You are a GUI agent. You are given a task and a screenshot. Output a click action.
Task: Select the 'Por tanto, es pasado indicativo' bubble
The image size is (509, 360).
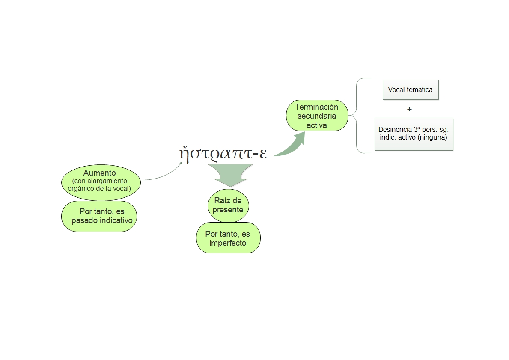[99, 216]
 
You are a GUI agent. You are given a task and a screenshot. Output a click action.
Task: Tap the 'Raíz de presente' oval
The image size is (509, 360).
[228, 205]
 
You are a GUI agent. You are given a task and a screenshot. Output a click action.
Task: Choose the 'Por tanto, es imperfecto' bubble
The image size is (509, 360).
[228, 238]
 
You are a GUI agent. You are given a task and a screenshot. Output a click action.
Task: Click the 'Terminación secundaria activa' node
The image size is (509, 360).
[316, 116]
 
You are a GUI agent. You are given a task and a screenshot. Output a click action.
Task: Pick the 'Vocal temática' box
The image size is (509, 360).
[410, 90]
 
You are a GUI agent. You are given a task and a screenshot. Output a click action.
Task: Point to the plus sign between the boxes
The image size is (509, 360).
[409, 109]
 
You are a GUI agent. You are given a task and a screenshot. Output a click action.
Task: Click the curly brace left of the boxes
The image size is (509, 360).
[357, 116]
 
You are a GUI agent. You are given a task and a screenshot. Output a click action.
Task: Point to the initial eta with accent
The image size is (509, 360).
[184, 152]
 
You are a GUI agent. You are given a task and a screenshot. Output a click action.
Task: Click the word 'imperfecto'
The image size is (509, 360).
[228, 243]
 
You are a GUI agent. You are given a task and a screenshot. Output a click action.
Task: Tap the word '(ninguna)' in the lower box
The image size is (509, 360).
[433, 137]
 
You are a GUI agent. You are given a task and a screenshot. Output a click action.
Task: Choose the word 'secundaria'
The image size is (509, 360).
[316, 116]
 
